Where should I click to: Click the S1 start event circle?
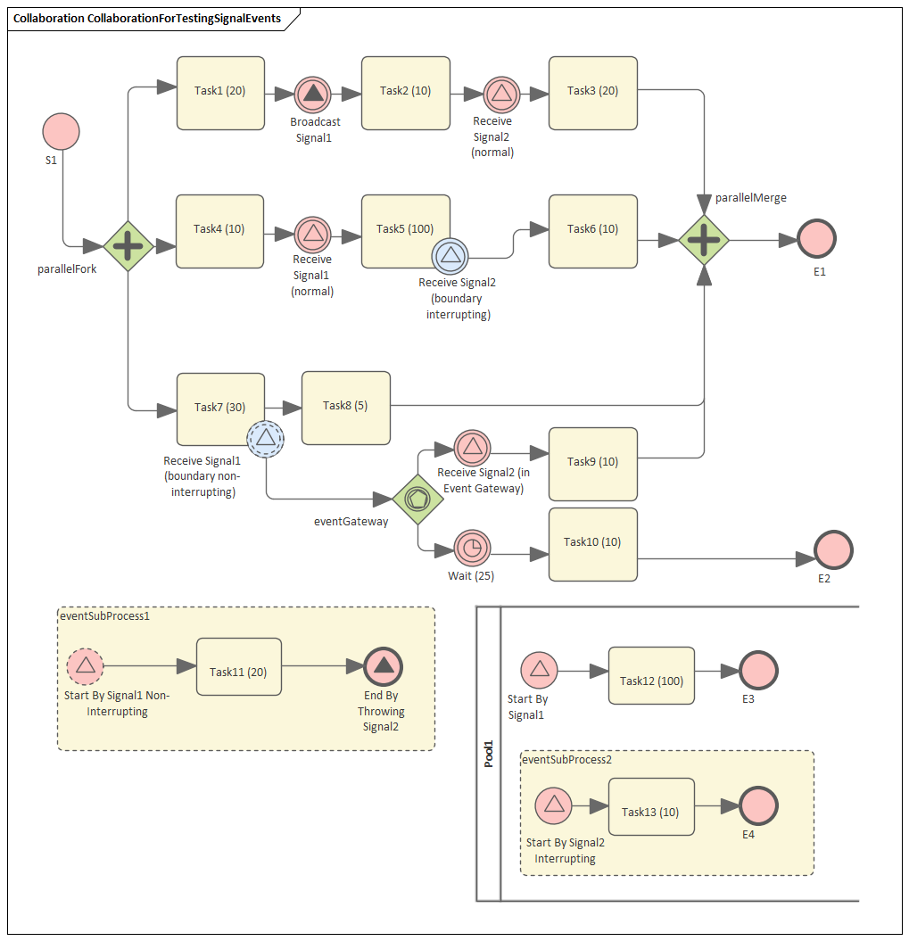tap(62, 131)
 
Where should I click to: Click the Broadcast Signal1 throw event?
tap(313, 93)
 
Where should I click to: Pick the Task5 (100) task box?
tap(405, 230)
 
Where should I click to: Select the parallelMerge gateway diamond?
tap(704, 240)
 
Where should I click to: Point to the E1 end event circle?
tap(817, 239)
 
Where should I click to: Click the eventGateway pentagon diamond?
tap(417, 499)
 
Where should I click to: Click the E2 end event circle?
tap(834, 549)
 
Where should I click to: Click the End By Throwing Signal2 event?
tap(384, 665)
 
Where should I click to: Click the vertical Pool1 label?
tap(489, 753)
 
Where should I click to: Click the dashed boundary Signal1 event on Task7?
tap(265, 438)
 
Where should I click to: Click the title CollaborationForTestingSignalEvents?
tap(146, 18)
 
